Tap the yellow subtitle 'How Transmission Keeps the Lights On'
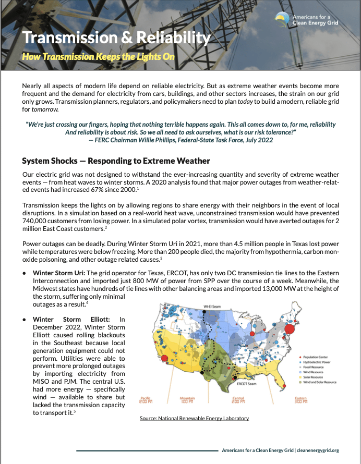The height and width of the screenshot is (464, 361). coord(98,56)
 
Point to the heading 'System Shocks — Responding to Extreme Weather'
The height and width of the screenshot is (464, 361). coord(116,160)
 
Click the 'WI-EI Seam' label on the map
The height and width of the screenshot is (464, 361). coord(210,307)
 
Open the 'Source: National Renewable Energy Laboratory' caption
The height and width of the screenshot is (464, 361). coord(194,418)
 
